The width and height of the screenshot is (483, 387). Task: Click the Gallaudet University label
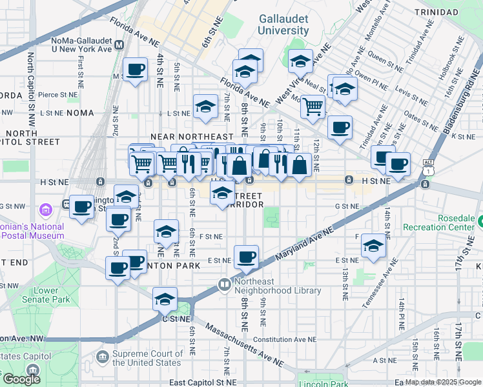click(x=283, y=25)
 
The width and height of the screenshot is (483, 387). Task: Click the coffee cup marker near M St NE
click(x=136, y=70)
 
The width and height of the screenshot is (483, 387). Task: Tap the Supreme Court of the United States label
click(x=148, y=358)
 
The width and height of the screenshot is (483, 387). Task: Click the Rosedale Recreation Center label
click(x=439, y=223)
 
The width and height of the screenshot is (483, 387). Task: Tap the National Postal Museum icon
click(x=46, y=210)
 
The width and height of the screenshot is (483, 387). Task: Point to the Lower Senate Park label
click(x=46, y=295)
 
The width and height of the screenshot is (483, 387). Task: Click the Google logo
click(x=21, y=379)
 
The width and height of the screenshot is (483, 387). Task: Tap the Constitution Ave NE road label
click(x=285, y=339)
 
